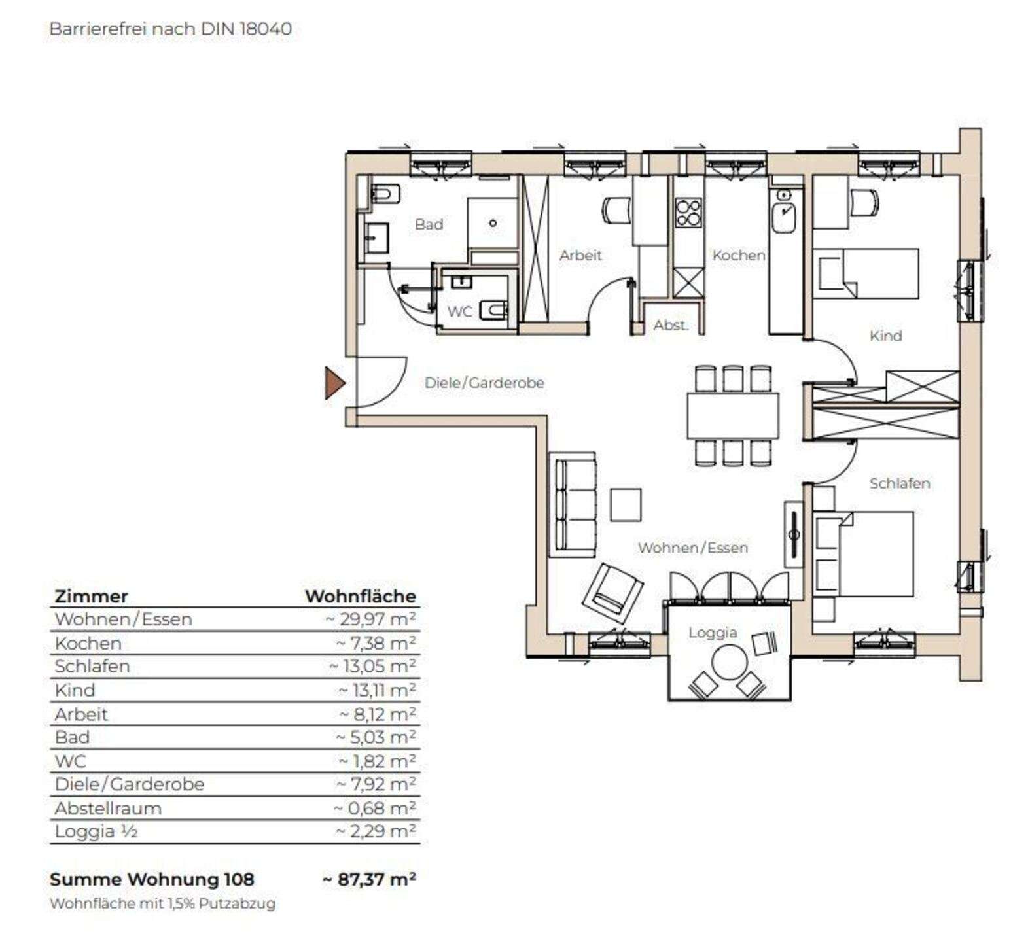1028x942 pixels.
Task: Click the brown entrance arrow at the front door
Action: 334,383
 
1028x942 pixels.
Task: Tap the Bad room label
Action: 429,224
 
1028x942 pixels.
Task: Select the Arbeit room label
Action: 580,255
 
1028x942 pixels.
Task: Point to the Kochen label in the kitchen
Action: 738,255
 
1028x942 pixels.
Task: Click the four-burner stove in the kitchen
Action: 688,212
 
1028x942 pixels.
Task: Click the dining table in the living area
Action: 733,415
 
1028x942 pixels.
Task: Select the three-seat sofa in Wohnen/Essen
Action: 573,504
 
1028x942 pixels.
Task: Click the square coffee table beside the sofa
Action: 626,504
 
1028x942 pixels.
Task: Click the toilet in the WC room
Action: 493,309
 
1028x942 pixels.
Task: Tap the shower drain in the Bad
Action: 493,223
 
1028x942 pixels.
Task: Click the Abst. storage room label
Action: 671,325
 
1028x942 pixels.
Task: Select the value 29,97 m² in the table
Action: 371,619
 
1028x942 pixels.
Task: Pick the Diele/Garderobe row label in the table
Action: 130,784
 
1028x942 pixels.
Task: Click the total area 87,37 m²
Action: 370,879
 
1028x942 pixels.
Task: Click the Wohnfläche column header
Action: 361,596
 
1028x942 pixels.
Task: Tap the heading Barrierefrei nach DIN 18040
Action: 171,29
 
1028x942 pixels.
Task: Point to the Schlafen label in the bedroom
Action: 899,483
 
